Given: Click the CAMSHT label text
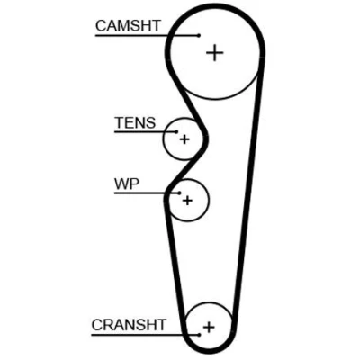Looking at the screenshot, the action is click(128, 26).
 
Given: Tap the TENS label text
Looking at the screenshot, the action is click(135, 122).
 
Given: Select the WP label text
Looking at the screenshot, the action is click(127, 184).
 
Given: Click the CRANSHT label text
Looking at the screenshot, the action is click(129, 325).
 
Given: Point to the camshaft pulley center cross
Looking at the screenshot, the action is click(215, 53).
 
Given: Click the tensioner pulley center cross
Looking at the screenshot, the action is click(184, 139).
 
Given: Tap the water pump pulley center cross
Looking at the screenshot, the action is click(187, 201).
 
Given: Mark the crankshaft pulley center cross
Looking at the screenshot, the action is click(209, 327).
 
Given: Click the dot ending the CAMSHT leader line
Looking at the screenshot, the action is click(199, 35).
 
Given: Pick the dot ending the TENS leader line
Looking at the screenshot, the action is click(176, 131).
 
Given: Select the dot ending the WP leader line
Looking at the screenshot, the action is click(179, 193).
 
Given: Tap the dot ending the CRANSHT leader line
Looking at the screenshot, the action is click(199, 335).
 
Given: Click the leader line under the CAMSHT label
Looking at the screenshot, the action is click(147, 35).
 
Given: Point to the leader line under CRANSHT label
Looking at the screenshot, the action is click(145, 335).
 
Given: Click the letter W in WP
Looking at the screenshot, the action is click(121, 184).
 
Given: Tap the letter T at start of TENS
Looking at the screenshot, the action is click(120, 122).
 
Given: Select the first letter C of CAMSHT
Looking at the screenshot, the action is click(101, 26).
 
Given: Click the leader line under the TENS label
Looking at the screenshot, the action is click(146, 131).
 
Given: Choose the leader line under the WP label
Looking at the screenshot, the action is click(147, 193).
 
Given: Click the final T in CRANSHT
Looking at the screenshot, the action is click(161, 325).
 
